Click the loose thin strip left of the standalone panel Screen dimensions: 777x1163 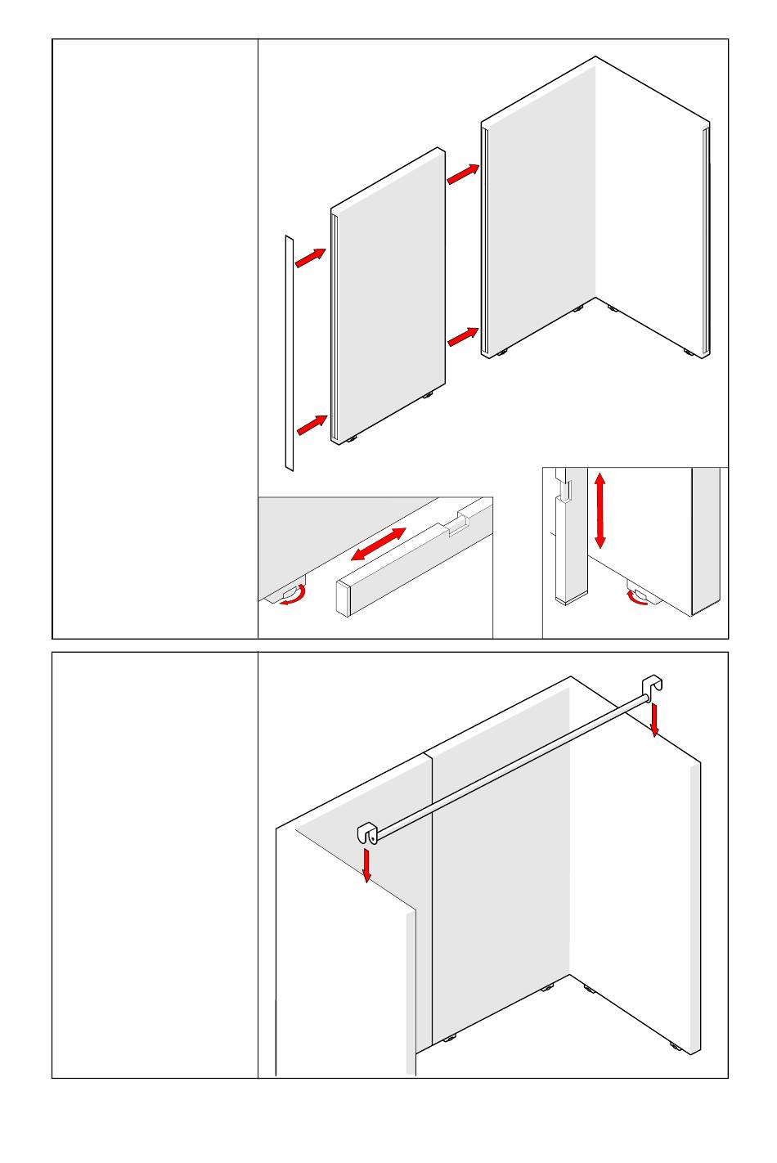coord(289,353)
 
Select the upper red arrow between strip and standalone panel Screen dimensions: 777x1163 coord(310,258)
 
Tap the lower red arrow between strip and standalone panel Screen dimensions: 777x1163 coord(312,424)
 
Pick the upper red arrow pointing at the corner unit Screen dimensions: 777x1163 coord(463,173)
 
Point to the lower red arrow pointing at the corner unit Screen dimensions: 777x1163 coord(463,336)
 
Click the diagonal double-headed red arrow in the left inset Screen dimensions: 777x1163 coord(379,544)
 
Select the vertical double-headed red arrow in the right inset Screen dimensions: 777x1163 coord(600,510)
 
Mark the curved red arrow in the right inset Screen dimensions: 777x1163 coord(637,599)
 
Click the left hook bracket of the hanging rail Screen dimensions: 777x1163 coord(366,833)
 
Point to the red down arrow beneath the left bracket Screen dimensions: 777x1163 coord(367,866)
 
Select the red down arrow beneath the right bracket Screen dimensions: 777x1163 coord(654,719)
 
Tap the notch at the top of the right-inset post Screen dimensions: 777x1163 coord(565,492)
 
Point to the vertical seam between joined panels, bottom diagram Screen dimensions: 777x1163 coord(431,900)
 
